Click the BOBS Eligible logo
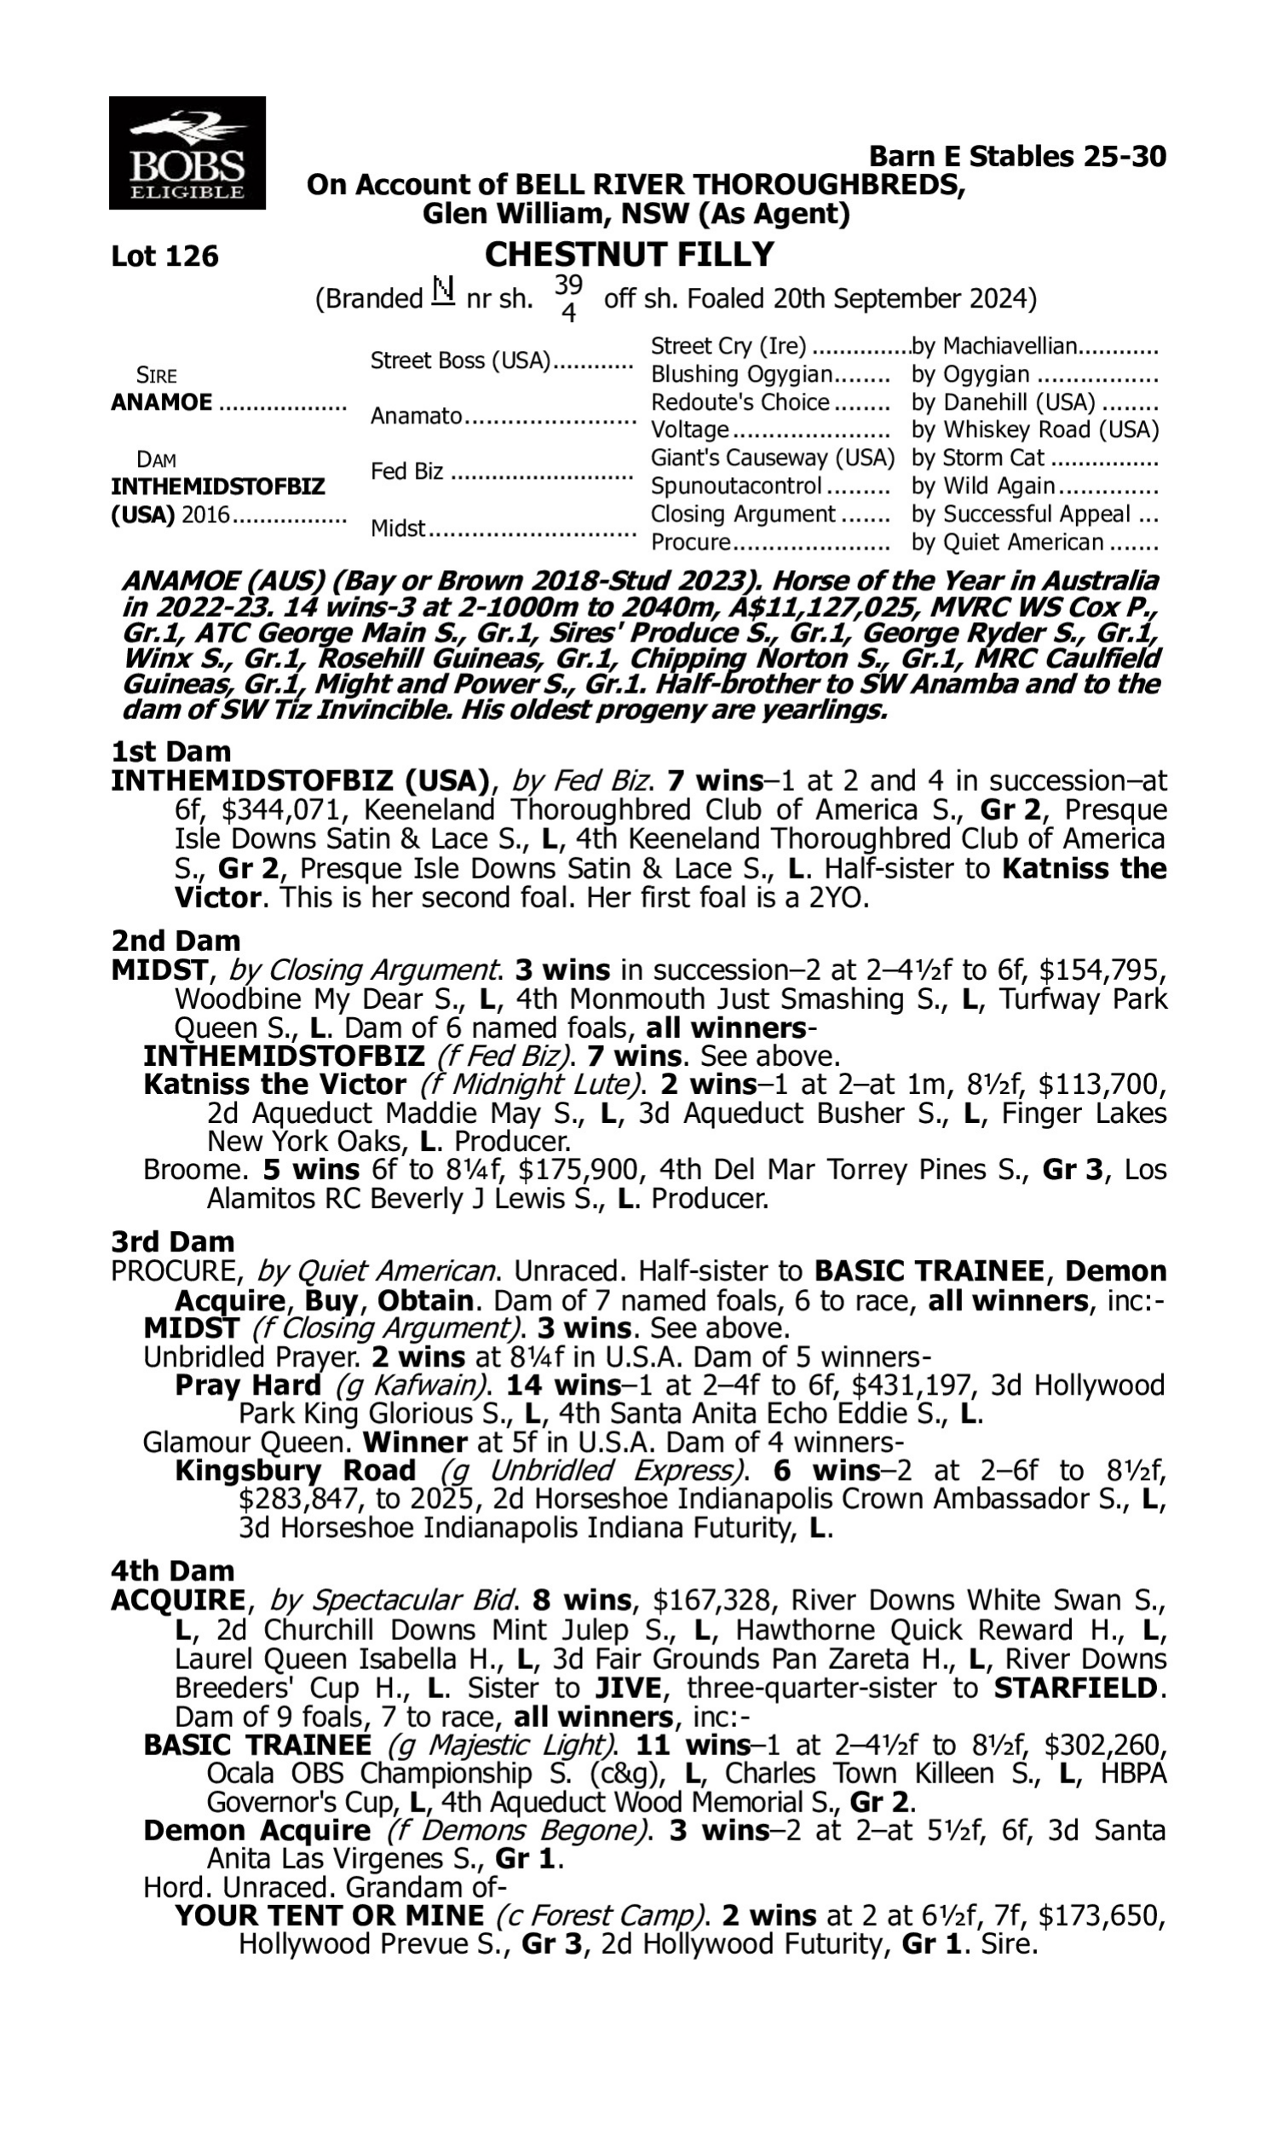click(187, 153)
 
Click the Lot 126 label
click(164, 256)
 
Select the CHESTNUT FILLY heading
click(629, 255)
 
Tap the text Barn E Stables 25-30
click(1017, 157)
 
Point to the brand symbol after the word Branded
click(443, 291)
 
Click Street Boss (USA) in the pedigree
click(460, 360)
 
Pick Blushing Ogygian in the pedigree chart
click(740, 375)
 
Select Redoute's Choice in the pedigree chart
click(740, 402)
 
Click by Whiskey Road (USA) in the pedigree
click(1034, 429)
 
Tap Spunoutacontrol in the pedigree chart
click(735, 486)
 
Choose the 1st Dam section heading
click(170, 751)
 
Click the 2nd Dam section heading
click(175, 940)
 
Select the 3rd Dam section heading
click(172, 1241)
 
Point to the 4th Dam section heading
click(172, 1571)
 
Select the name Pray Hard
click(248, 1385)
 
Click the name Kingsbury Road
click(296, 1471)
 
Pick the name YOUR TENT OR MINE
click(329, 1915)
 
